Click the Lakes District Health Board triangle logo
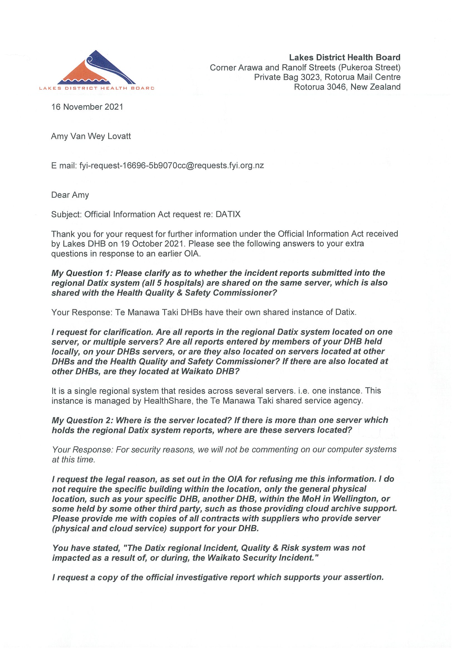coord(96,68)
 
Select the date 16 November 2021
coord(87,107)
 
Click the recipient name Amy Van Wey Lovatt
coord(91,136)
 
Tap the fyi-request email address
coord(172,166)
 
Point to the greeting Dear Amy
coord(70,195)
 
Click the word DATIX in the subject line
coord(228,214)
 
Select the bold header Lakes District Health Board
coord(344,57)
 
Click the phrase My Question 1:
coord(82,273)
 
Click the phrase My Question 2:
coord(83,420)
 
